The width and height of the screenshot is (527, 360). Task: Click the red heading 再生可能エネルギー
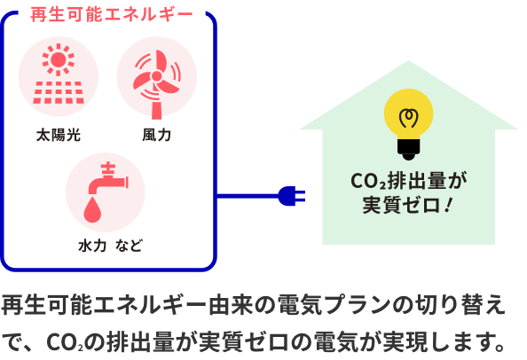[112, 14]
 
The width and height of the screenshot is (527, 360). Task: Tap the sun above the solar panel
[59, 59]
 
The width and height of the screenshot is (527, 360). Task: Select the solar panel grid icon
[59, 92]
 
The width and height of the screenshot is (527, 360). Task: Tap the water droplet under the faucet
[92, 210]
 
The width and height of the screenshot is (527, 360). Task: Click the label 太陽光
[59, 135]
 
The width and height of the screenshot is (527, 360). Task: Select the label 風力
[157, 135]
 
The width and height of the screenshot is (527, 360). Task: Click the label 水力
[92, 246]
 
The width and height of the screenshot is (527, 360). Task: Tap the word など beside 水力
[129, 246]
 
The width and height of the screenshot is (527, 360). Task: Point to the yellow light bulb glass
[408, 113]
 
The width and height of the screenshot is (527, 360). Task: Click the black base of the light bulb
[408, 150]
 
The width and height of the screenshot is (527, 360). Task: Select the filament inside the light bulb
[408, 118]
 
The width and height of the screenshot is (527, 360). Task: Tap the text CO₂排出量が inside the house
[409, 181]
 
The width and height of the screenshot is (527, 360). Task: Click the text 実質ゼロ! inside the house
[408, 205]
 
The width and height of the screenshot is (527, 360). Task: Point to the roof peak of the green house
[408, 61]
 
